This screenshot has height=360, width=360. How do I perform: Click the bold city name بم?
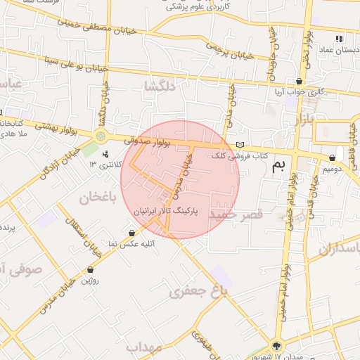click(x=280, y=165)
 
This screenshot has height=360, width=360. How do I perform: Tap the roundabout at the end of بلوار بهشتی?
click(x=101, y=136)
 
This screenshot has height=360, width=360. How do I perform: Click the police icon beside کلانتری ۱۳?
click(x=105, y=153)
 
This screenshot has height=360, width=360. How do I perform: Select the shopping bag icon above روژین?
click(x=90, y=270)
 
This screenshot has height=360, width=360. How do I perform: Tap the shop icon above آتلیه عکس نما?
click(x=131, y=233)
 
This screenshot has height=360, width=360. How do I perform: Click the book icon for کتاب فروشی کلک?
click(x=240, y=144)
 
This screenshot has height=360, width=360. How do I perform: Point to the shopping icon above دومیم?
click(x=332, y=158)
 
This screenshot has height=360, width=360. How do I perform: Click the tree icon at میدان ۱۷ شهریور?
click(x=276, y=346)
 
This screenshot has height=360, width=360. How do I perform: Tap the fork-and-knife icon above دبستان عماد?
click(x=339, y=39)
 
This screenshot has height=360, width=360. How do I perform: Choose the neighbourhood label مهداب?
click(x=144, y=347)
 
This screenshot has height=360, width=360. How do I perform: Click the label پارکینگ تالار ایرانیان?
click(x=166, y=210)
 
